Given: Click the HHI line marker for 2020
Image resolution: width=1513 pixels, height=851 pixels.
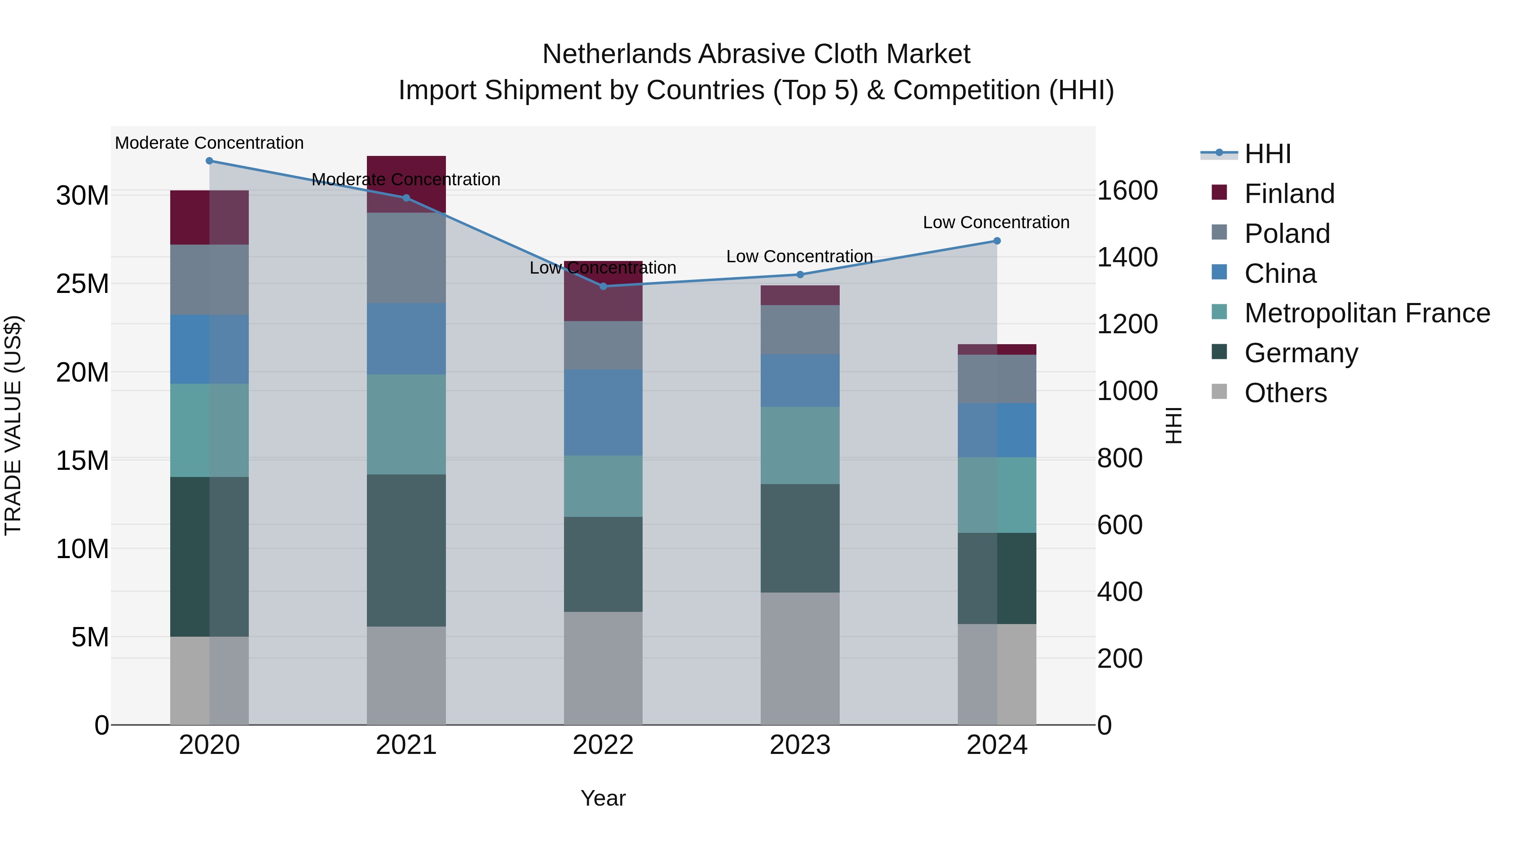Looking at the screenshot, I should point(209,161).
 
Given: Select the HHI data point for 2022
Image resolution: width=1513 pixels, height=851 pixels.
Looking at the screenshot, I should point(603,286).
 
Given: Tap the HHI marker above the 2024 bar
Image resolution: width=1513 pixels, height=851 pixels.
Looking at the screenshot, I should point(997,241).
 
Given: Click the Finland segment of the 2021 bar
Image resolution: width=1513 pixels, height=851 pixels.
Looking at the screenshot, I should point(406,184).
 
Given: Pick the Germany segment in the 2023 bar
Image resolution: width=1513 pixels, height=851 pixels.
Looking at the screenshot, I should point(800,538).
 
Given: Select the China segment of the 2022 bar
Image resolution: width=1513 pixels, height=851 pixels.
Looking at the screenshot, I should point(603,412).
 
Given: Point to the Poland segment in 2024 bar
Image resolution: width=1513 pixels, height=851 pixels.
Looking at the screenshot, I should point(997,379).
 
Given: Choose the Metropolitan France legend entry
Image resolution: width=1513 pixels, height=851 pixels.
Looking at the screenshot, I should point(1367,313).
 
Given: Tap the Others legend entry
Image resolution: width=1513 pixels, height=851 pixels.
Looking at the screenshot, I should point(1285,393).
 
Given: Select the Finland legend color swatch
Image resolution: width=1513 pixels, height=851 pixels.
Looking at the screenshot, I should point(1219,192).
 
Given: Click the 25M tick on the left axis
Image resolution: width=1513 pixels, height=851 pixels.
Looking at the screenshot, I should point(82,284).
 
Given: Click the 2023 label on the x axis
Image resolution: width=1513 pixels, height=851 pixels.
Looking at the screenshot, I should point(800,745).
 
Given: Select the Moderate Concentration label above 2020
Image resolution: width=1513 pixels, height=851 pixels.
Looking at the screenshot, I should point(209,143).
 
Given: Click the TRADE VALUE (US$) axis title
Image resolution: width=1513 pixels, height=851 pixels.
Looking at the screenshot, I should point(13,425).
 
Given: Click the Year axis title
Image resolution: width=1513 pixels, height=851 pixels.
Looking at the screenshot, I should point(603,798).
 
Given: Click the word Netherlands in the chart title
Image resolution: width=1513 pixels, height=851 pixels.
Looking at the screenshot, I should point(616,54).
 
